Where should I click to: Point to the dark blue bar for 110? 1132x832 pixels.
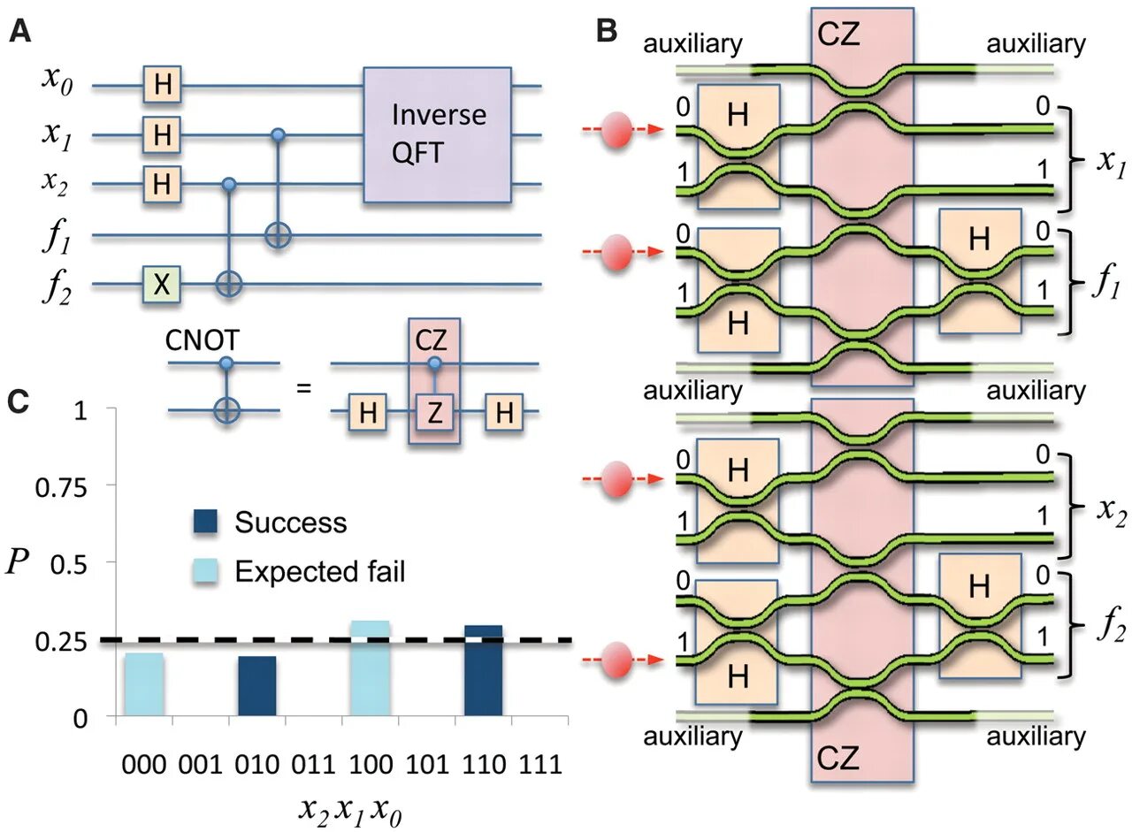tap(483, 670)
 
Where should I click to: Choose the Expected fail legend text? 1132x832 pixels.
tap(319, 572)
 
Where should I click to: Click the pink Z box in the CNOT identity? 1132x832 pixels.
tap(432, 412)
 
